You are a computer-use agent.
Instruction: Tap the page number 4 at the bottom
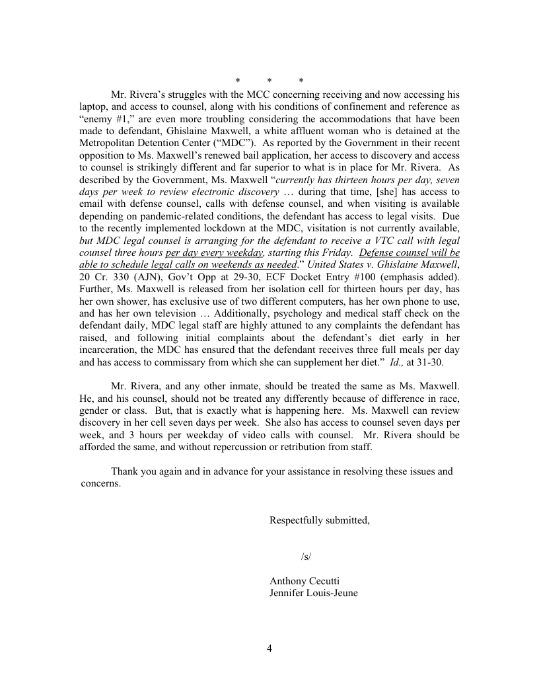coord(269,648)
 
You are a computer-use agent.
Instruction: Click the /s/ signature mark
coord(306,557)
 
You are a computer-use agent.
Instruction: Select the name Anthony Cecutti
coord(305,581)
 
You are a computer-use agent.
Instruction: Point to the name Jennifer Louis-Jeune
coord(314,593)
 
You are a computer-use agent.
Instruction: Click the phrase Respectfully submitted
coord(319,520)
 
